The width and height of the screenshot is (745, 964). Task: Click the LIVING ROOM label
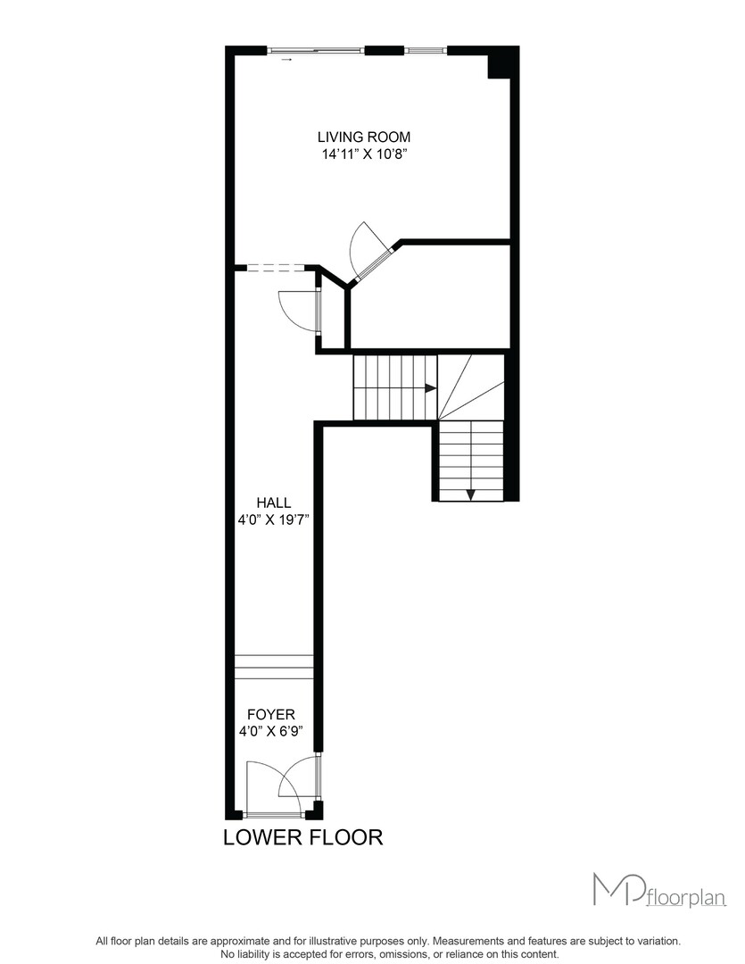click(364, 137)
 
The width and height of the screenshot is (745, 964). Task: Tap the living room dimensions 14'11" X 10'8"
click(365, 154)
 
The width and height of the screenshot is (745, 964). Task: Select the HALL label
click(274, 503)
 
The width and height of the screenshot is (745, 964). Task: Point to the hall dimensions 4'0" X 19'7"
click(273, 519)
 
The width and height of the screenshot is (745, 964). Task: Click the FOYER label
click(271, 714)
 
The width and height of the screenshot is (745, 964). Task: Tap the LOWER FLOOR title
click(303, 837)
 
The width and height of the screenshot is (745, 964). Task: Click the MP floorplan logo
click(659, 890)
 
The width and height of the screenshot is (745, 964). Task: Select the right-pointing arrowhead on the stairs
click(430, 388)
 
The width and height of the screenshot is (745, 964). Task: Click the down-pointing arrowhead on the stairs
click(471, 494)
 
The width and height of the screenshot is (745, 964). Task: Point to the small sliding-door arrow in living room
click(286, 60)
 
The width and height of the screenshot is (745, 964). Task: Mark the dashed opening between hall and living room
click(276, 268)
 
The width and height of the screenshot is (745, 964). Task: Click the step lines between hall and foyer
click(274, 667)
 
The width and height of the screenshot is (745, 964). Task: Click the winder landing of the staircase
click(470, 387)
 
